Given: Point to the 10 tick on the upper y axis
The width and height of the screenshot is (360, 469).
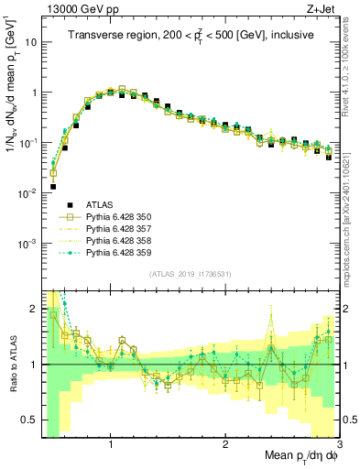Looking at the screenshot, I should [33, 42].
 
